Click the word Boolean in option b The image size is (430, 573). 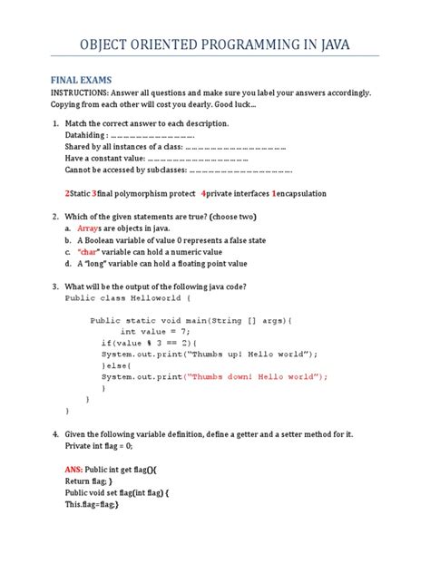(x=100, y=240)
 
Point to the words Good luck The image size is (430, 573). (x=234, y=106)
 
